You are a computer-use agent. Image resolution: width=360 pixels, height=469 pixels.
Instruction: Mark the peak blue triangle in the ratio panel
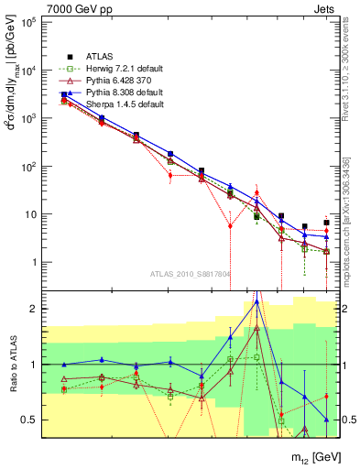pyautogui.click(x=256, y=301)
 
